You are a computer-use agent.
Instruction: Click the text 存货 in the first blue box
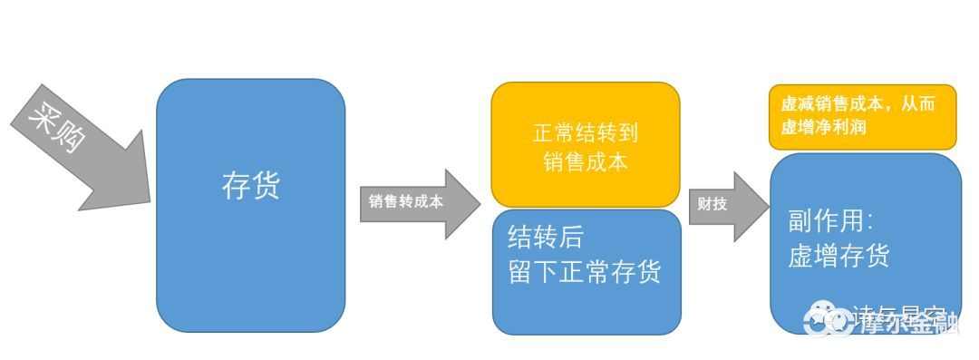click(250, 186)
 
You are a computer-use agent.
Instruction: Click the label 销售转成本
click(406, 202)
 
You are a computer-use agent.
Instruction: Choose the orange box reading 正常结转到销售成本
click(585, 145)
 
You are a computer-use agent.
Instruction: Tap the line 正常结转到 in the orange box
click(586, 133)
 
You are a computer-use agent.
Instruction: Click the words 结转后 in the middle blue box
click(546, 238)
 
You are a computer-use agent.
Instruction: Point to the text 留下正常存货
click(585, 271)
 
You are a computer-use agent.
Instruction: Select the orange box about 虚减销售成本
click(862, 116)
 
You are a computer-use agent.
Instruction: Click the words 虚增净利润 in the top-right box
click(822, 127)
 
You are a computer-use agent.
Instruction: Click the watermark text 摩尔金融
click(906, 322)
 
